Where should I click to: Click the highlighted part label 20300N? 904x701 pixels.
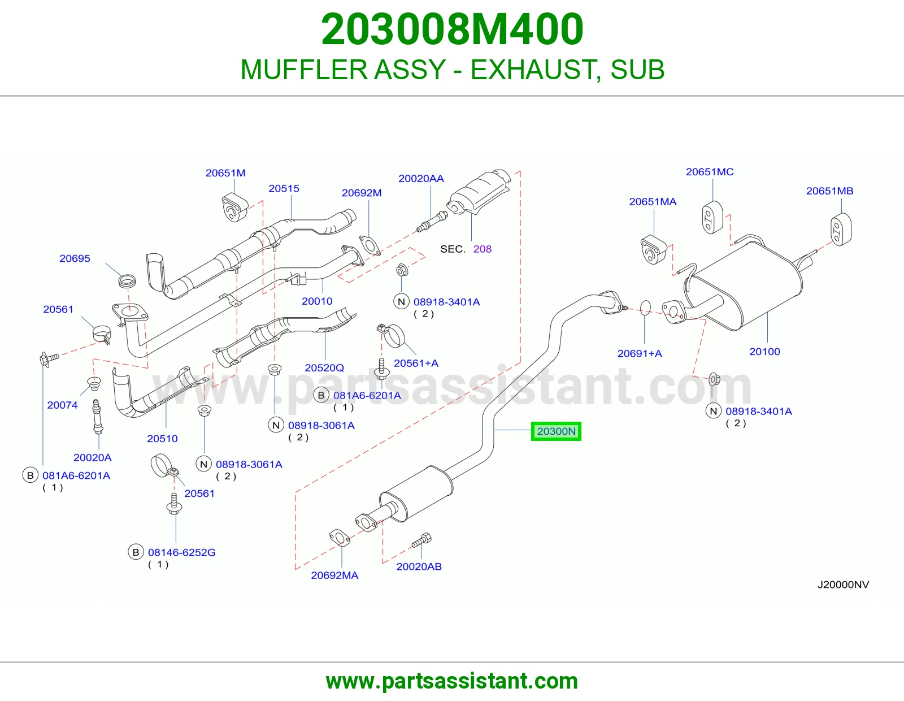click(x=556, y=431)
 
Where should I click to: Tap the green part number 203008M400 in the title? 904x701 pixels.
click(x=452, y=29)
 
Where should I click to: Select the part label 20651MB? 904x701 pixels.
click(x=829, y=191)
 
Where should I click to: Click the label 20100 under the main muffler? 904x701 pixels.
click(x=764, y=352)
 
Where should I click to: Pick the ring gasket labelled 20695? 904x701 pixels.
click(x=127, y=280)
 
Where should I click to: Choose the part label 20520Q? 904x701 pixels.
click(x=324, y=368)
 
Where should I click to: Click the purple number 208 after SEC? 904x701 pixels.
click(x=483, y=249)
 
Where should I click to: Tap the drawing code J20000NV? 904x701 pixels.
click(x=843, y=585)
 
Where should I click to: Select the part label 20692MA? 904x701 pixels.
click(x=334, y=575)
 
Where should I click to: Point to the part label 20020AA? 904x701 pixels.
click(x=421, y=179)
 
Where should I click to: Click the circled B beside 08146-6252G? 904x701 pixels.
click(x=136, y=552)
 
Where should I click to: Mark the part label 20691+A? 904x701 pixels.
click(x=640, y=353)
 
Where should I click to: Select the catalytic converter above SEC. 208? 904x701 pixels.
click(x=479, y=192)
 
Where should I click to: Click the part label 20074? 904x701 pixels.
click(x=62, y=405)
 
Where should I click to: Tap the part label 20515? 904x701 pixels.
click(x=284, y=189)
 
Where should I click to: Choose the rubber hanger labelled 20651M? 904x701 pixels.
click(x=234, y=207)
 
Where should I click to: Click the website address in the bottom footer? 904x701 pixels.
click(x=452, y=681)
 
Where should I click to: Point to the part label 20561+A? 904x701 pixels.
click(x=416, y=364)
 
